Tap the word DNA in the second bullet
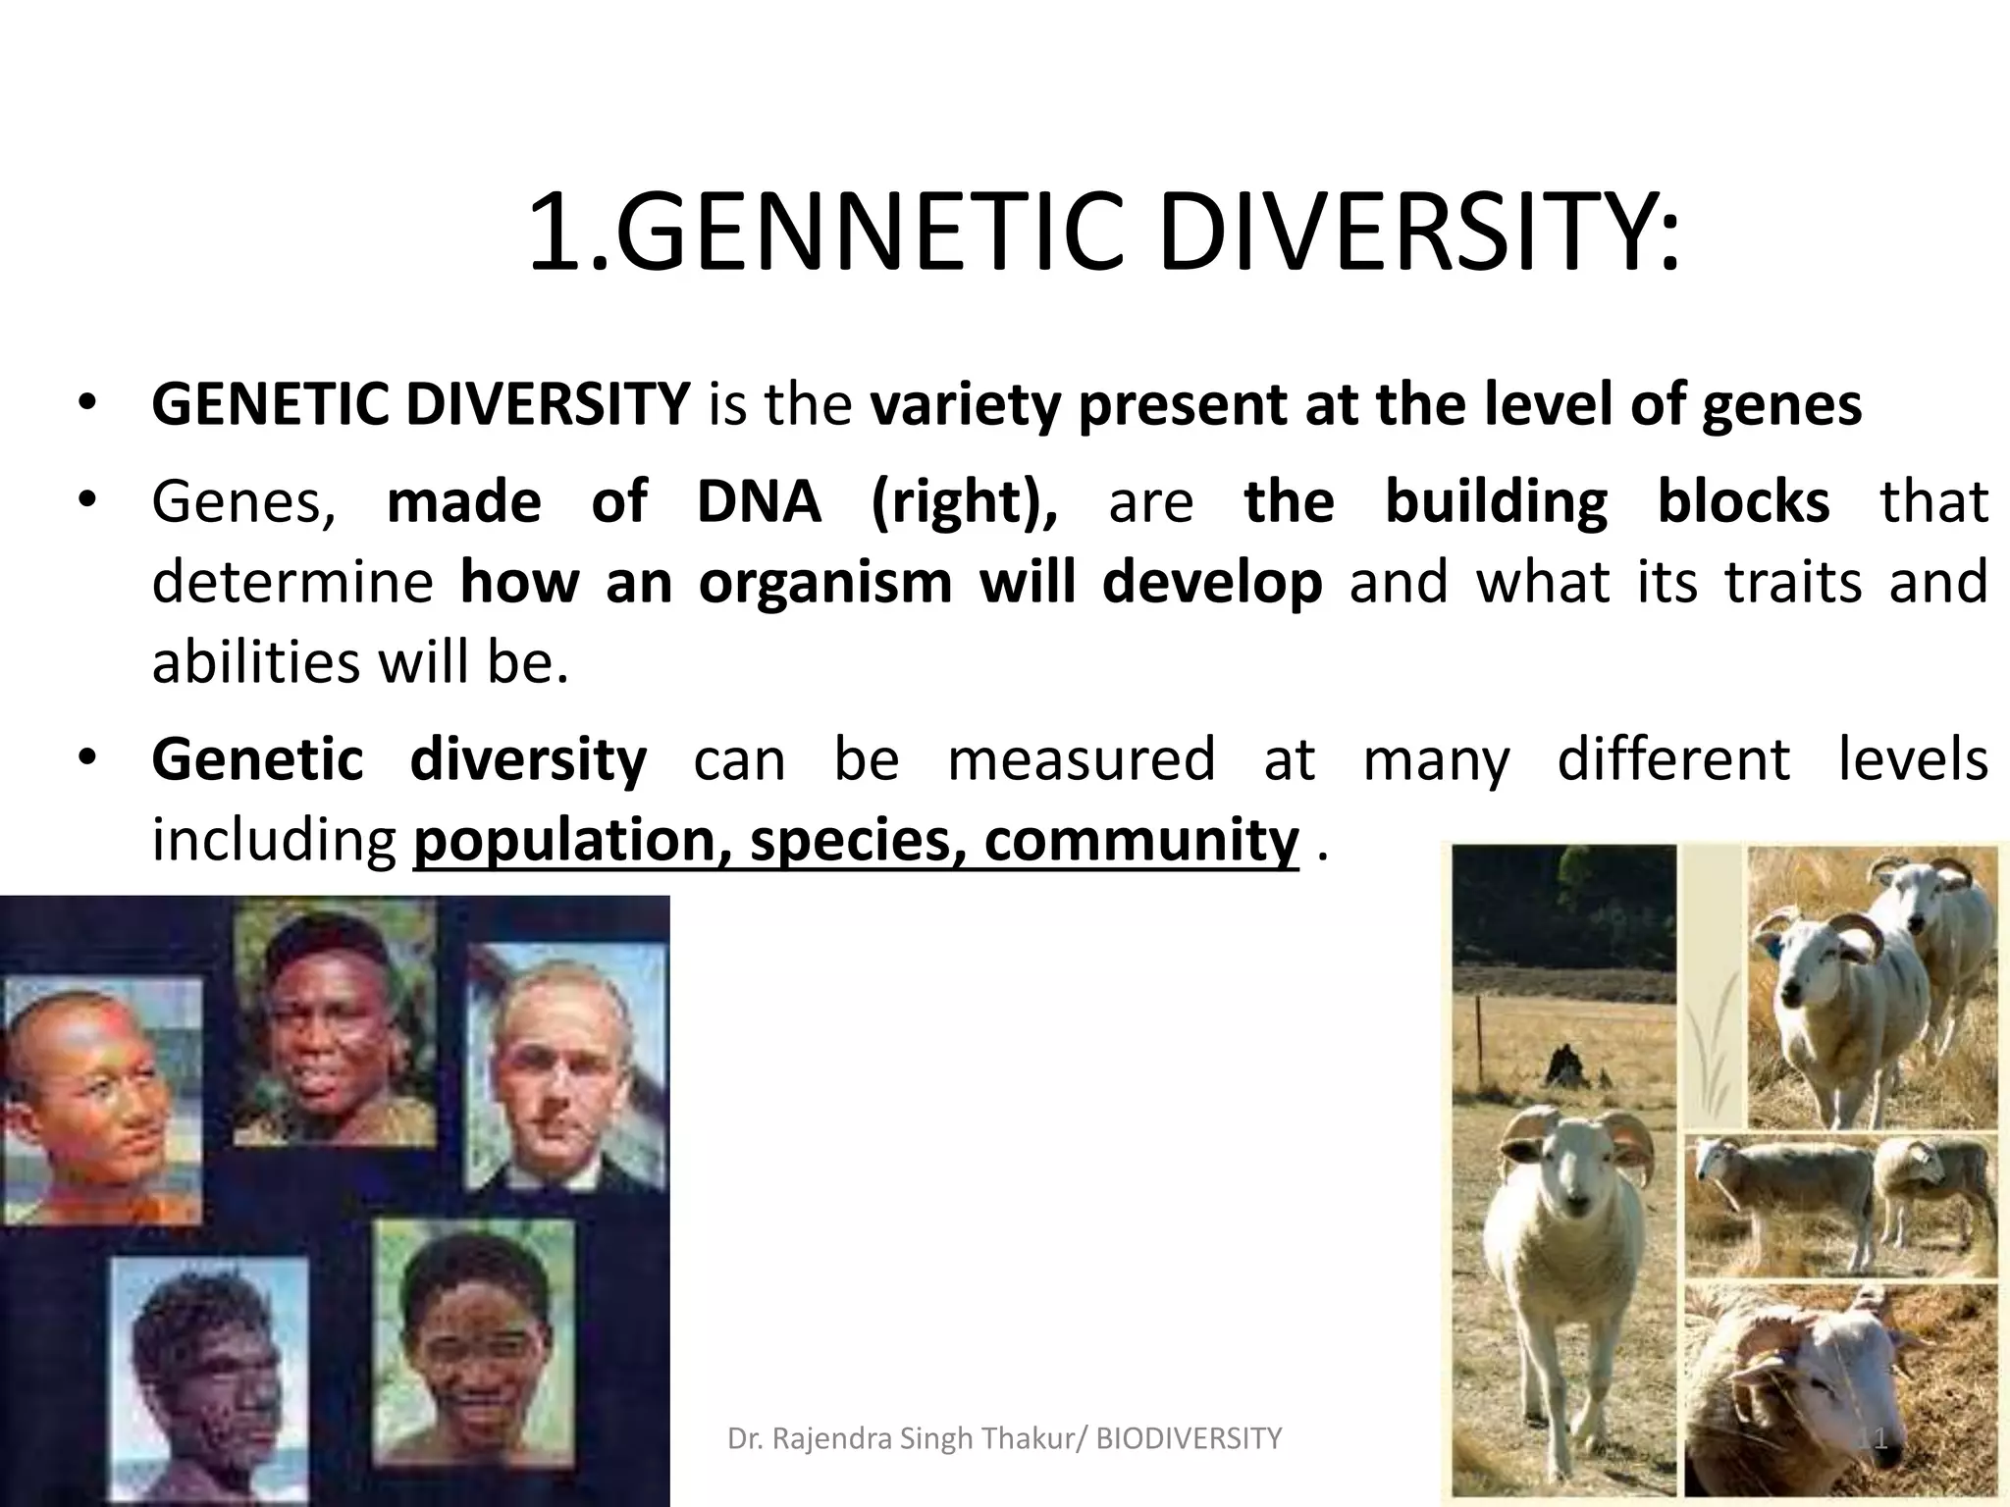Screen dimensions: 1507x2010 tap(758, 502)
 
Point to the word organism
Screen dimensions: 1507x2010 tap(825, 583)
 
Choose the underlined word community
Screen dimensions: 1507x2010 tap(1141, 841)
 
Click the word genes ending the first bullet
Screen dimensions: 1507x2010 tap(1780, 404)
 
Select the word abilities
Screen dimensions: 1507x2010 tap(256, 663)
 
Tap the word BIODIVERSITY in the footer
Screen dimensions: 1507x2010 tap(1189, 1438)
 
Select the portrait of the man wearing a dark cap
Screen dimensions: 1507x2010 tap(334, 1020)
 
